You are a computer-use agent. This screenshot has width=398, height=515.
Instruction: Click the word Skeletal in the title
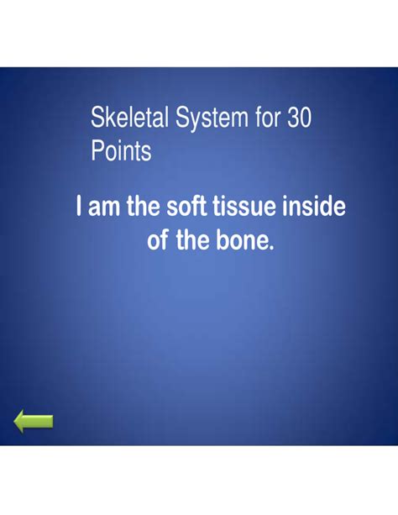point(126,119)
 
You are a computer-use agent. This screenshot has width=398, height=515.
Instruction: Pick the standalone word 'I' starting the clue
point(79,207)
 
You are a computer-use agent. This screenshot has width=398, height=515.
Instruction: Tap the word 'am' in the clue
point(105,207)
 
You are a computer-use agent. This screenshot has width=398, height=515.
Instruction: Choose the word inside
point(316,207)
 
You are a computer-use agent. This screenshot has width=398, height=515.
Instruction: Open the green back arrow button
point(34,422)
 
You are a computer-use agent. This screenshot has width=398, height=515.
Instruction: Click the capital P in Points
point(97,152)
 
